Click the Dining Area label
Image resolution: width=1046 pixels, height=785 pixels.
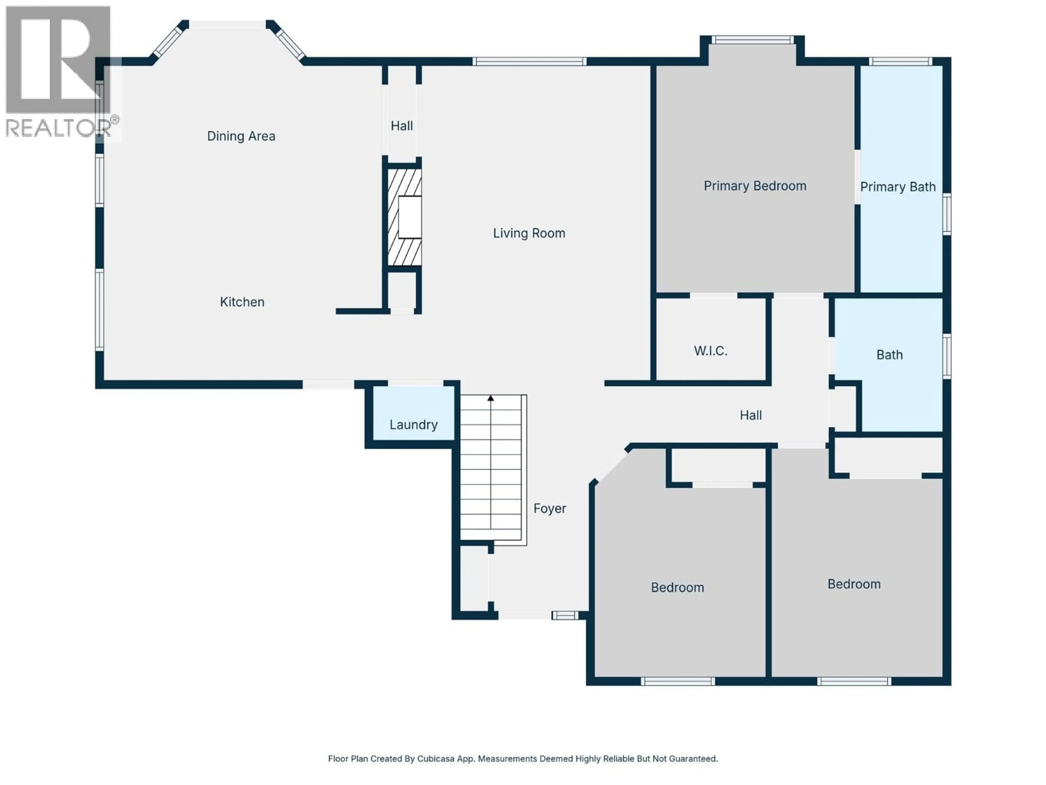pyautogui.click(x=241, y=136)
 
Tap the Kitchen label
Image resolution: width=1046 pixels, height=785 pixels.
pyautogui.click(x=242, y=302)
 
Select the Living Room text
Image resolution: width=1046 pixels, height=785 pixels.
pyautogui.click(x=529, y=233)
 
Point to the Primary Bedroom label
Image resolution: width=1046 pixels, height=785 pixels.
pyautogui.click(x=755, y=186)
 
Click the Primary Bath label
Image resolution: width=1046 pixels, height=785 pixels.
pyautogui.click(x=898, y=187)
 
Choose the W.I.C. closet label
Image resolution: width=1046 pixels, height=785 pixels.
pyautogui.click(x=710, y=351)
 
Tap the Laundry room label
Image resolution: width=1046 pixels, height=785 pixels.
pyautogui.click(x=413, y=424)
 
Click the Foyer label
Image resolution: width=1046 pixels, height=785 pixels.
pyautogui.click(x=549, y=509)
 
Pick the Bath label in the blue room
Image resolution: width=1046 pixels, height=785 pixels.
pyautogui.click(x=889, y=355)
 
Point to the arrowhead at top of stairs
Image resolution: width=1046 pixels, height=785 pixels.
pyautogui.click(x=491, y=398)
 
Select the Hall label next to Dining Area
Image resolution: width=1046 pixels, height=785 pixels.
pyautogui.click(x=402, y=126)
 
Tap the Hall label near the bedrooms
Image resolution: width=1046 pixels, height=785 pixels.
pyautogui.click(x=750, y=415)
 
